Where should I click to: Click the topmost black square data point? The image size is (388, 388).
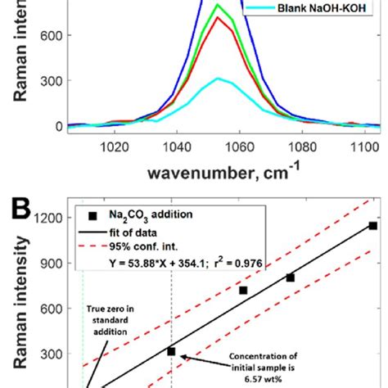[372, 226]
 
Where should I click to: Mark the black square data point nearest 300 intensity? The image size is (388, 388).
[171, 351]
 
